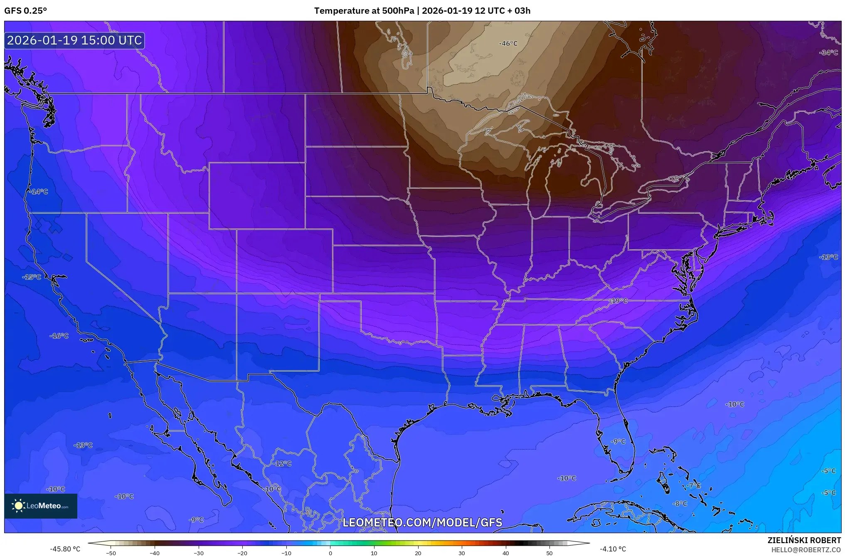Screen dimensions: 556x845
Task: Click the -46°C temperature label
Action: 508,44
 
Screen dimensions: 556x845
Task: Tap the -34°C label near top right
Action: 828,53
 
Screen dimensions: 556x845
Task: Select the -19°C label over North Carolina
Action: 618,301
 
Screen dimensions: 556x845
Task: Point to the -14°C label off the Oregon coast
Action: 38,192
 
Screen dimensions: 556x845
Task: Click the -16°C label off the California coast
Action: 59,336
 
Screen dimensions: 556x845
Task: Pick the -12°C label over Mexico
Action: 282,464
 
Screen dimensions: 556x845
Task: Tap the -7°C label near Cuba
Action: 693,485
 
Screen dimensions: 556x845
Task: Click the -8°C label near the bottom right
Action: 680,504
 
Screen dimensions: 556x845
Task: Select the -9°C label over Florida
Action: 618,442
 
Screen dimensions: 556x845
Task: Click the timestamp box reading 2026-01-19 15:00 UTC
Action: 74,41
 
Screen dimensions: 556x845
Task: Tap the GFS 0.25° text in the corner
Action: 26,11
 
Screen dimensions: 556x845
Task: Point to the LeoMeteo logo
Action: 41,506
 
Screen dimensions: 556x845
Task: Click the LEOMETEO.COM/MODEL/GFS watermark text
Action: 422,522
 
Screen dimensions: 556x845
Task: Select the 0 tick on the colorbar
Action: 330,553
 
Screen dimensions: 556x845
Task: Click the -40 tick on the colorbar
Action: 155,553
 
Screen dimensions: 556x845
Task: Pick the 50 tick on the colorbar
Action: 549,553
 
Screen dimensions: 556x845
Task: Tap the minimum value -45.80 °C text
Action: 65,549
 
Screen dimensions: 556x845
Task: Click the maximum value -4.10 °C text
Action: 613,549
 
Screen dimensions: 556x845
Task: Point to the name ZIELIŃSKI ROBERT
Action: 804,541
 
